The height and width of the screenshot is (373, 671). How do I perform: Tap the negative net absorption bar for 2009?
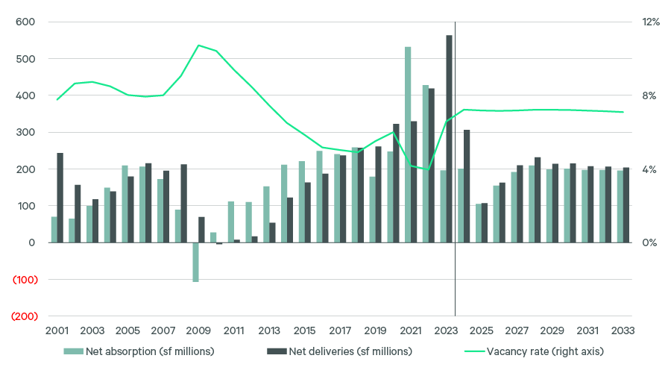click(x=195, y=262)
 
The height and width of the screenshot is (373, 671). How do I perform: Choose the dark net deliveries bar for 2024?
click(x=467, y=186)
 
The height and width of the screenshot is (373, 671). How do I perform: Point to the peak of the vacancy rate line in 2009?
click(x=198, y=46)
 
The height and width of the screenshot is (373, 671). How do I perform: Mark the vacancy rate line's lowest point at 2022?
click(x=428, y=170)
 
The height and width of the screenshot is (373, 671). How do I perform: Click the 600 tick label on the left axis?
click(x=25, y=22)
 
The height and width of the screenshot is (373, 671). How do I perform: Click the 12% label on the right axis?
click(x=651, y=22)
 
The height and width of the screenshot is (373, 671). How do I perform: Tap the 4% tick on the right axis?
click(x=649, y=169)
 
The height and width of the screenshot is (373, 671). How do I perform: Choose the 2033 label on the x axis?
click(x=623, y=330)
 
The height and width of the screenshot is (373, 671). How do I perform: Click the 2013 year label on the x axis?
click(x=269, y=330)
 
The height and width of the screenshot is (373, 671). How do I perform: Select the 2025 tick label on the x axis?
click(x=482, y=330)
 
